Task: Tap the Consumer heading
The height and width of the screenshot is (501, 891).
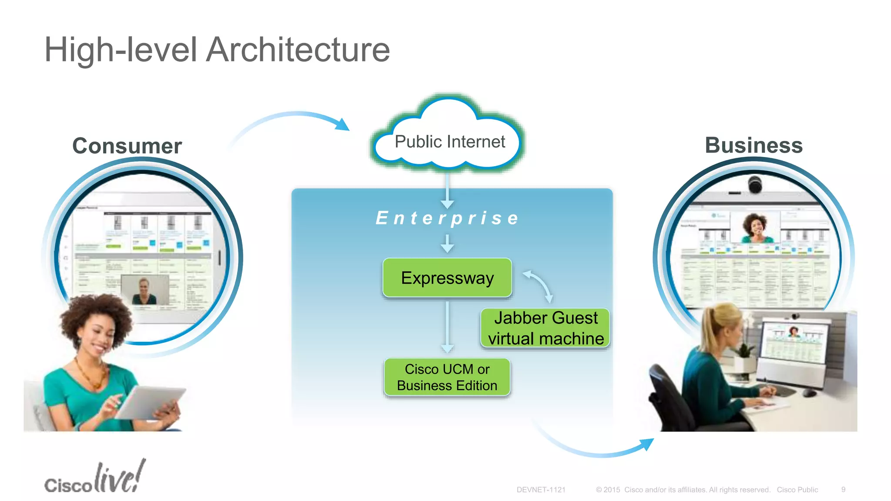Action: (x=127, y=146)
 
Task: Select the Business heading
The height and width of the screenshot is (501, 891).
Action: (x=754, y=145)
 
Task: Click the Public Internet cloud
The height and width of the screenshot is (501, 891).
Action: (x=449, y=142)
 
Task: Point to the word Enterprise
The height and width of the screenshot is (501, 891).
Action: (x=447, y=218)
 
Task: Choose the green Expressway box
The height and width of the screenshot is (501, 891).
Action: (x=447, y=278)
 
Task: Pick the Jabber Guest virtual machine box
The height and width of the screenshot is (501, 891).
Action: (x=546, y=328)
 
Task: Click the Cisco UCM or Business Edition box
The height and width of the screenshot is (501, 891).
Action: (x=447, y=377)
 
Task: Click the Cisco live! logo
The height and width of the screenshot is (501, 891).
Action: (x=95, y=478)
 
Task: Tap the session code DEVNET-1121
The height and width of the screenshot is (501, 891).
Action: (x=541, y=490)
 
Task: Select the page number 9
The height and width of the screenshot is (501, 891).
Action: (x=843, y=490)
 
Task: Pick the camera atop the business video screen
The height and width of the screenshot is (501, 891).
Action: (x=755, y=184)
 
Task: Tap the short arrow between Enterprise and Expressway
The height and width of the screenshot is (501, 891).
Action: (x=447, y=244)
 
